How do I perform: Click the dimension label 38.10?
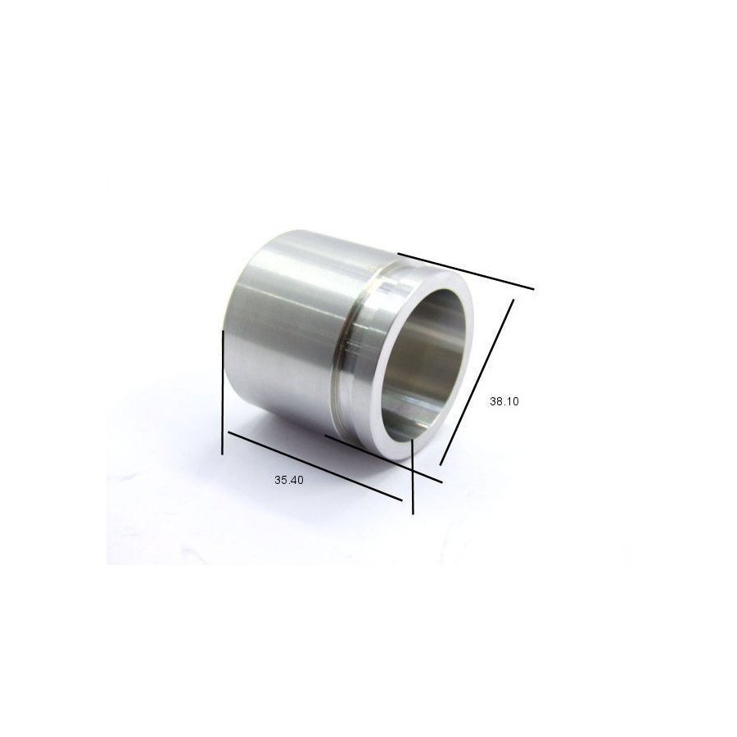pos(504,401)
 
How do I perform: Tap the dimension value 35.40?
pos(289,481)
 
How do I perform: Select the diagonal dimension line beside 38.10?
pos(477,382)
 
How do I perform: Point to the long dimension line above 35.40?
pos(314,465)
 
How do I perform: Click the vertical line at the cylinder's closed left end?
pos(223,391)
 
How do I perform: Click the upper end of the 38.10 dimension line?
pos(513,301)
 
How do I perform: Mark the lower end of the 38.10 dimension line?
pos(441,463)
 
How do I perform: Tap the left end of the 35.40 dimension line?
pos(228,432)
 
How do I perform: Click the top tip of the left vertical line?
pos(223,331)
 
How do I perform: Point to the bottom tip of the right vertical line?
pos(413,513)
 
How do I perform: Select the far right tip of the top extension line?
pos(533,288)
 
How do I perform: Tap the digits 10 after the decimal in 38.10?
pos(513,401)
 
